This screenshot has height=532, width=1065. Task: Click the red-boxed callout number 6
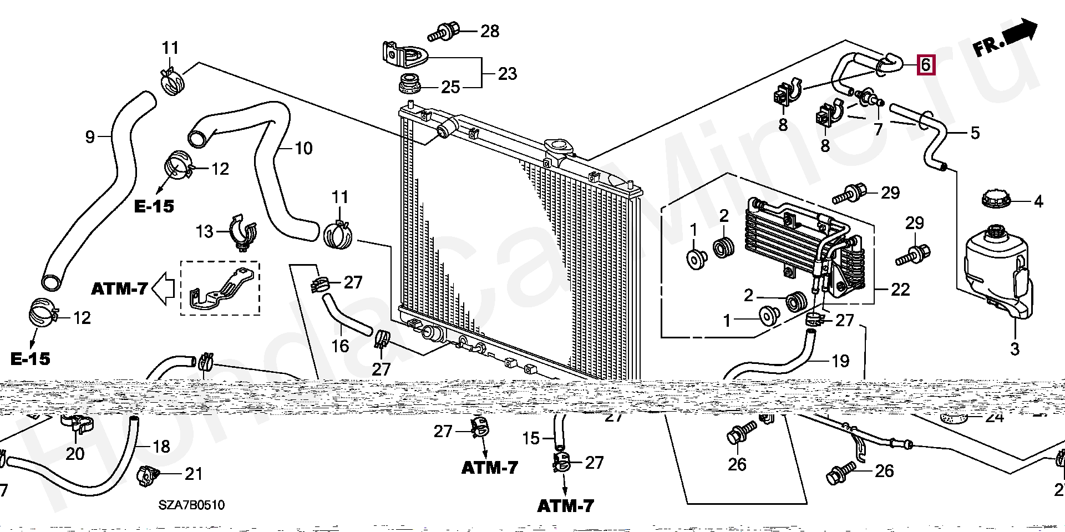click(x=925, y=65)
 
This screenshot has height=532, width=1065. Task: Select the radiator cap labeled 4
click(x=996, y=199)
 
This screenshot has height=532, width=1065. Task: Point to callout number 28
click(x=490, y=31)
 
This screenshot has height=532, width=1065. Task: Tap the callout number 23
click(x=507, y=74)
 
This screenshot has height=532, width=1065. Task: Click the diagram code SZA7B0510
click(x=191, y=505)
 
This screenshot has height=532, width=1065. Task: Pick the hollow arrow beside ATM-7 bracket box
click(x=164, y=288)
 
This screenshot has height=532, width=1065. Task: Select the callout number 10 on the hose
click(x=303, y=148)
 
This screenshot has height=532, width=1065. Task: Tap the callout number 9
click(x=90, y=136)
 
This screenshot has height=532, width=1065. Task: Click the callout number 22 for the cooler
click(x=900, y=289)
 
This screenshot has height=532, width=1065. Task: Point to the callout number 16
click(x=340, y=346)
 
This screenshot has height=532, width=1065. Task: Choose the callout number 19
click(x=840, y=361)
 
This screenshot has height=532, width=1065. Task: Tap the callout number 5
click(x=975, y=133)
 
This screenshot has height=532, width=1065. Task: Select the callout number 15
click(x=531, y=438)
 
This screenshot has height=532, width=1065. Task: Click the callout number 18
click(x=161, y=447)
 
